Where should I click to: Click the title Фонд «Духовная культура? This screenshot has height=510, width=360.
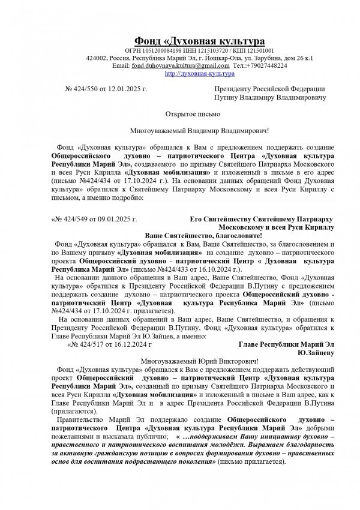pyautogui.click(x=199, y=41)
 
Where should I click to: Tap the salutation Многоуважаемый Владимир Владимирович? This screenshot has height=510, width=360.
pyautogui.click(x=200, y=130)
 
